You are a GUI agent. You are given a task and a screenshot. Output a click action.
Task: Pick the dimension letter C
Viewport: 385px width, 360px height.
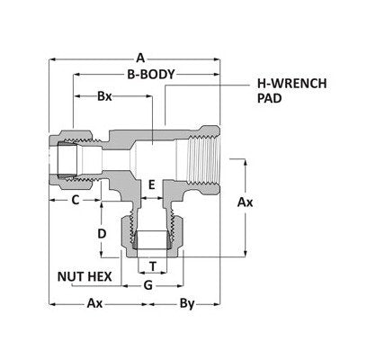(x=76, y=198)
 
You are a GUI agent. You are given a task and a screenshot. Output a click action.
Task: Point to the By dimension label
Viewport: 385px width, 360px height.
(x=188, y=303)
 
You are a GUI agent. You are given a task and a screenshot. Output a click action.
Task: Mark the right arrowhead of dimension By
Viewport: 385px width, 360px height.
(x=219, y=303)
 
